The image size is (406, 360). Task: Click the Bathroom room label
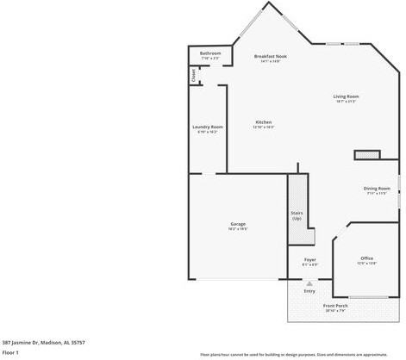click(x=210, y=53)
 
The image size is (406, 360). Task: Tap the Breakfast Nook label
click(x=270, y=56)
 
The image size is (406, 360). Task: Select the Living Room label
click(x=347, y=96)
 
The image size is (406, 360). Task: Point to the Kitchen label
click(x=263, y=122)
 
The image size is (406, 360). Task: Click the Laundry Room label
click(x=207, y=127)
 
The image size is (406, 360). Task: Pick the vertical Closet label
click(x=193, y=75)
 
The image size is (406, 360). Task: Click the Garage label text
click(x=238, y=224)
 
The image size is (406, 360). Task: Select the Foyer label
click(x=309, y=259)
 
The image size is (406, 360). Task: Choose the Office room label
click(x=366, y=258)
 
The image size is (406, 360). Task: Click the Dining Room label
click(x=377, y=188)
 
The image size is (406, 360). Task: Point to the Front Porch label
click(x=335, y=306)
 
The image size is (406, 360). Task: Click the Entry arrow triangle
click(x=309, y=282)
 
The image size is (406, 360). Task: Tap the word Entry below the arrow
click(x=309, y=291)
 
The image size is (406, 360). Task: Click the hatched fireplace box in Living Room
click(x=367, y=155)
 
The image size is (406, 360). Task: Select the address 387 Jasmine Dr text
click(x=43, y=342)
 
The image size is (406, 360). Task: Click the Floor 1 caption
click(x=10, y=352)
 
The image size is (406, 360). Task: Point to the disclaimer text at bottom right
click(x=294, y=354)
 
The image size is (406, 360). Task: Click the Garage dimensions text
click(x=238, y=229)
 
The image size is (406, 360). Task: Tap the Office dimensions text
click(x=366, y=264)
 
